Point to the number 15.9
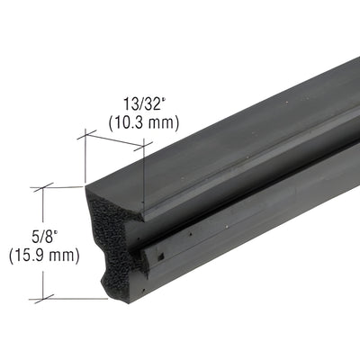point(32,256)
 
